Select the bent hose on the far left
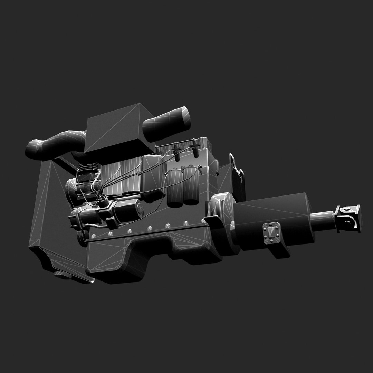coord(52,145)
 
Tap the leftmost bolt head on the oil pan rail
coord(94,237)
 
